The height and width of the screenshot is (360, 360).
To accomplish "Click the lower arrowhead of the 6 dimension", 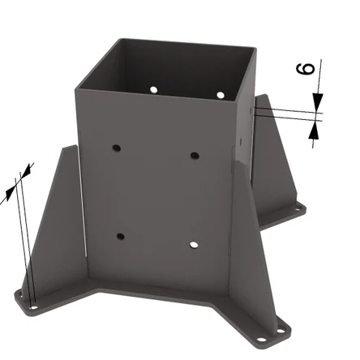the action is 314,131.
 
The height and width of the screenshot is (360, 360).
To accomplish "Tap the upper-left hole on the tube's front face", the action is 117,148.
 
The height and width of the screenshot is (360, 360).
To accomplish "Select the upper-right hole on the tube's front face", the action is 195,156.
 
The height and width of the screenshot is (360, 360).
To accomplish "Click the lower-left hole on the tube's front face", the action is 121,237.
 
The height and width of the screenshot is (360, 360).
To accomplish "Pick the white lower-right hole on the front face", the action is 194,245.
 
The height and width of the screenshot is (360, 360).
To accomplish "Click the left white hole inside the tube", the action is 153,89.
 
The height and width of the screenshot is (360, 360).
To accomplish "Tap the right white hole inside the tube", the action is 221,95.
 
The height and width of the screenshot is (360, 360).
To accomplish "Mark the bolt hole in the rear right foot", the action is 298,208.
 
